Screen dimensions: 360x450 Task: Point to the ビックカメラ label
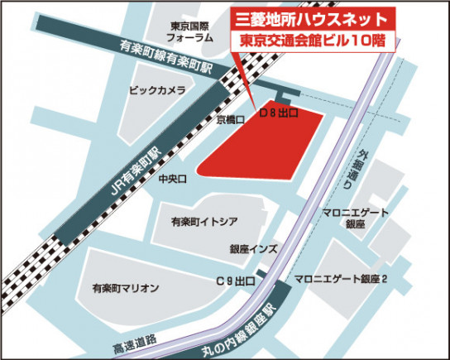(156, 90)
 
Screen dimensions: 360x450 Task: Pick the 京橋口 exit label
(230, 120)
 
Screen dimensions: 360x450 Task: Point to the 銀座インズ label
(254, 249)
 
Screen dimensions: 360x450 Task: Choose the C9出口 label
(235, 282)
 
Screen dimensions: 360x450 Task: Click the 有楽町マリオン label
(125, 286)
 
